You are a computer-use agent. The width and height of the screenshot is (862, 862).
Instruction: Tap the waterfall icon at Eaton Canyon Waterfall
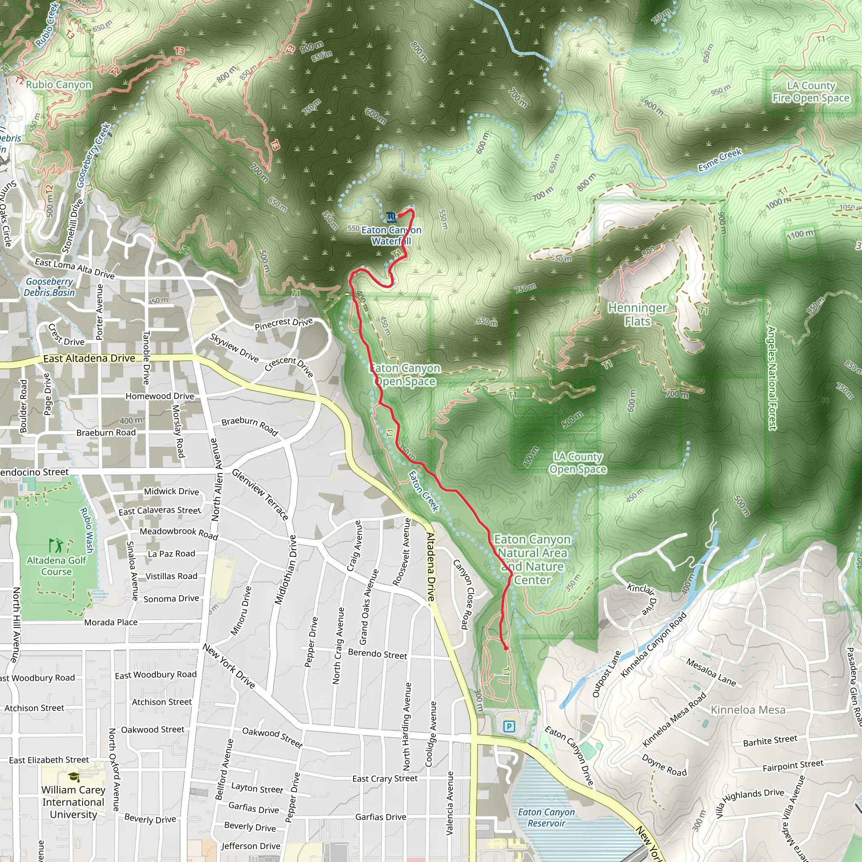pos(391,217)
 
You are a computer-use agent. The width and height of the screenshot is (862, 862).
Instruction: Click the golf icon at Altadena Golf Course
pos(56,545)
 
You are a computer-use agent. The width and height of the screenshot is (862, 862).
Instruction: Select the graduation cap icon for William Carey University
pos(74,777)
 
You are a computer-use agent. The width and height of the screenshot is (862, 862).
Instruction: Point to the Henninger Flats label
pos(637,314)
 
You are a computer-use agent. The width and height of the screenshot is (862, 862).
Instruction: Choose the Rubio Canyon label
pos(59,85)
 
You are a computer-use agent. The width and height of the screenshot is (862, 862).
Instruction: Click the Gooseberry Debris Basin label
pos(49,287)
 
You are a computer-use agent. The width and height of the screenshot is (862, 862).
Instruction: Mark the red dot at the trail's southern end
pos(505,648)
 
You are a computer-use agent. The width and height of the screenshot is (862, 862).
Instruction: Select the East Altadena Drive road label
pos(89,358)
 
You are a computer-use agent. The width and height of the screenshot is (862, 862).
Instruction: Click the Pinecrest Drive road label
pos(284,324)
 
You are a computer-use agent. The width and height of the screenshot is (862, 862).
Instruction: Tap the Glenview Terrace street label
pos(260,495)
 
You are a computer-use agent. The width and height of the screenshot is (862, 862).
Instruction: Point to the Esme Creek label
pos(720,160)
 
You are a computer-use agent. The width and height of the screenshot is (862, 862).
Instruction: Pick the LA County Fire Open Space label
pos(811,92)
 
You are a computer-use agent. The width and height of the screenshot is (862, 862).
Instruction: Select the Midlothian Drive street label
pos(285,570)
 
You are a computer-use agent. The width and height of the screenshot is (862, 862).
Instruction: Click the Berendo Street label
pos(378,654)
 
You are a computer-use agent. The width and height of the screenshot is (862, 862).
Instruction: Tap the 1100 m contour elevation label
pos(800,234)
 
